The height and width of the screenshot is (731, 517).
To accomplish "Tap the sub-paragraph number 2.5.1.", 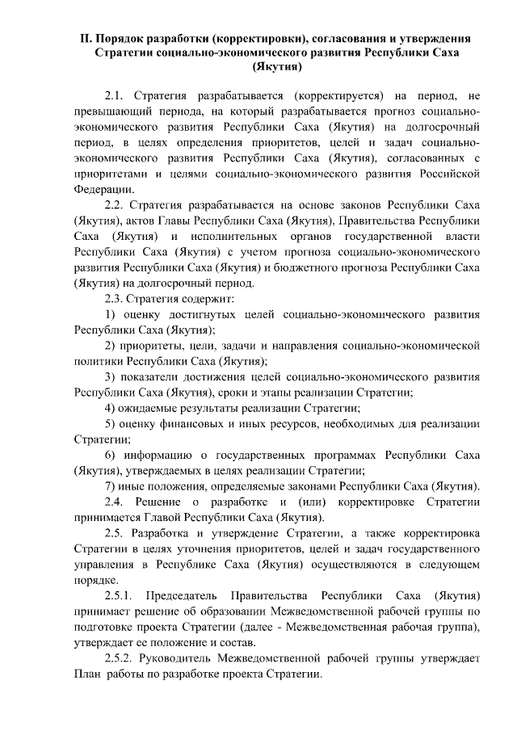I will [122, 594].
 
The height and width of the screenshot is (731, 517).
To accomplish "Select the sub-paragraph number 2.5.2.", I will [120, 659].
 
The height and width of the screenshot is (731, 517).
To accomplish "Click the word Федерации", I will [103, 189].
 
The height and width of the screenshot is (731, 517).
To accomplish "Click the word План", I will [88, 674].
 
